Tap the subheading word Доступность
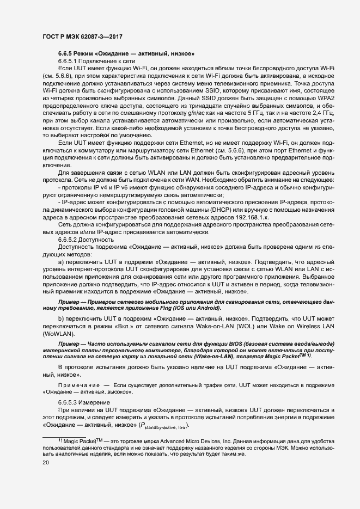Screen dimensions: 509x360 (96, 240)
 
